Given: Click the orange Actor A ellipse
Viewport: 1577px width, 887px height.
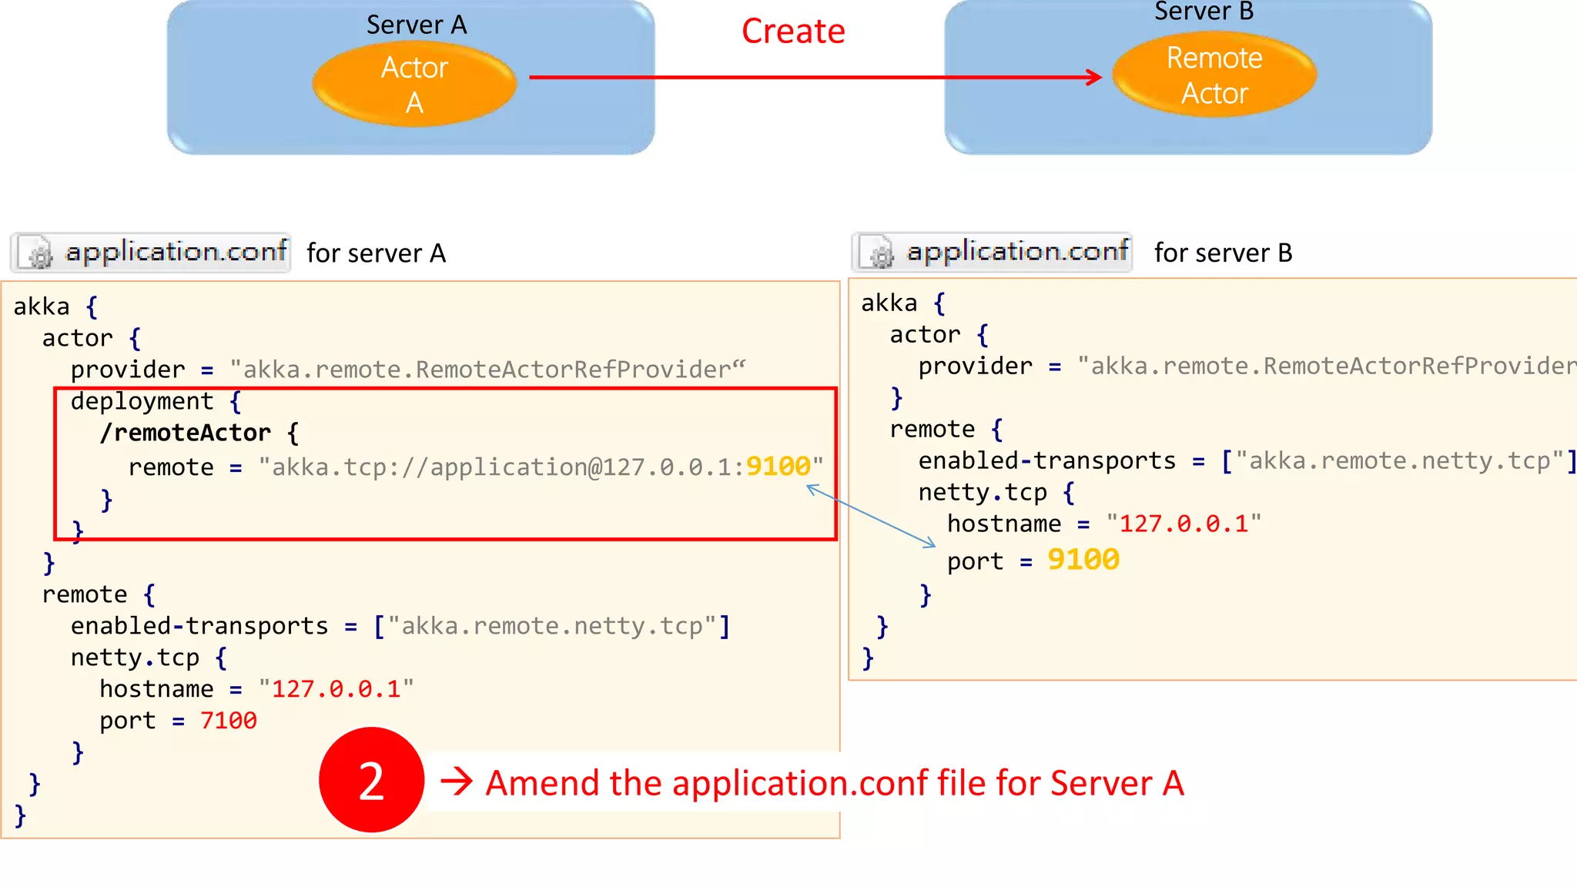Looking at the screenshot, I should (414, 85).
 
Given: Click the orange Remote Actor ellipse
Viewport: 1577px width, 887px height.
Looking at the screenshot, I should (1214, 75).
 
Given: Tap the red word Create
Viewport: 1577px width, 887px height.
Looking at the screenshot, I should (793, 32).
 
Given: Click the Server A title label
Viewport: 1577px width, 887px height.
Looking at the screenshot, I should (416, 25).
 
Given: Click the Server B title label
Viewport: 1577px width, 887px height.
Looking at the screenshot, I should (1204, 12).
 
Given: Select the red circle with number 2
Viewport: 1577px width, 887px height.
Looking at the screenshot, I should (371, 780).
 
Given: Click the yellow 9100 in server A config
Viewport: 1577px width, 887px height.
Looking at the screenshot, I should (778, 467).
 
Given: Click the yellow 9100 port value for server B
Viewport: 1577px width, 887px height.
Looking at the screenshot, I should (1083, 560).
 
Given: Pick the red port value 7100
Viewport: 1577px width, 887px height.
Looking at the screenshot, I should (228, 721).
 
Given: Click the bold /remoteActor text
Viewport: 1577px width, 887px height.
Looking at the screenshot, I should (185, 433).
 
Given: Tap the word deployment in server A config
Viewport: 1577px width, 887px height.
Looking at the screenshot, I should (142, 401).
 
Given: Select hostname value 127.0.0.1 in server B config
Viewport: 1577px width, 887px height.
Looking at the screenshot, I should (1183, 524).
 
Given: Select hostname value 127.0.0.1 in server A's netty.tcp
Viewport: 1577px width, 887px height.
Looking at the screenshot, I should (336, 689).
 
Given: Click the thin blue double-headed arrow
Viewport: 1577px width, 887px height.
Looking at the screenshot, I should (871, 516).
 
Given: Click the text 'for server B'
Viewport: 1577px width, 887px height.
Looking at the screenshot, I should (1223, 253).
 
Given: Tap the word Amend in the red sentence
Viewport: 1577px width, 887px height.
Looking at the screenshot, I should (542, 784).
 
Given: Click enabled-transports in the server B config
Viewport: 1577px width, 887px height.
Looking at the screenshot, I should (1046, 460).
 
